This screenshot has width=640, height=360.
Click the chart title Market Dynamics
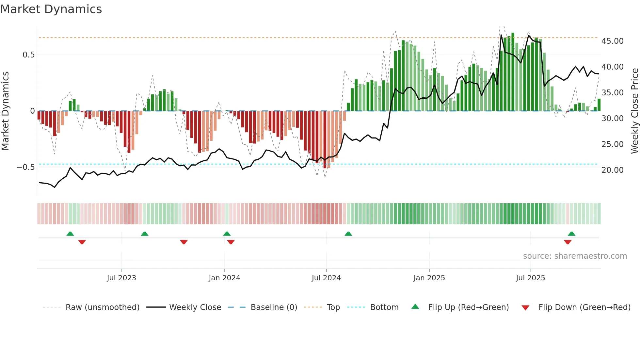click(x=51, y=9)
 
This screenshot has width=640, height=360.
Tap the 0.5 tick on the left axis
click(x=28, y=55)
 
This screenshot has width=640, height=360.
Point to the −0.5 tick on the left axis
click(x=25, y=167)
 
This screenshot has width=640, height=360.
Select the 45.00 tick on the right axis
click(x=612, y=41)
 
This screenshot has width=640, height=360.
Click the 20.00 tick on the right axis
click(x=612, y=170)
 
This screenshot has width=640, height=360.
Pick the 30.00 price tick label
click(x=612, y=119)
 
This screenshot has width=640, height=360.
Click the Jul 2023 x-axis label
click(x=121, y=278)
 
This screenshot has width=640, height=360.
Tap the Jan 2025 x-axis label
click(x=429, y=278)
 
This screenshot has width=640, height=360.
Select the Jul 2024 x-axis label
click(x=326, y=278)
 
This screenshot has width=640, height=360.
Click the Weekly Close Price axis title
click(x=634, y=111)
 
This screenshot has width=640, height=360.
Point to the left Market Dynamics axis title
click(x=5, y=111)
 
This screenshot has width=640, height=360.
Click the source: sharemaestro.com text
click(x=575, y=256)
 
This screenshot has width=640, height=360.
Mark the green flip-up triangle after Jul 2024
click(x=348, y=234)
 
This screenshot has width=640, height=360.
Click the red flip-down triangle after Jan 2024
click(x=231, y=242)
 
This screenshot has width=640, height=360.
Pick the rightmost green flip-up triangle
click(x=571, y=234)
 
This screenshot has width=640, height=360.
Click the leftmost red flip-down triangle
click(x=82, y=242)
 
